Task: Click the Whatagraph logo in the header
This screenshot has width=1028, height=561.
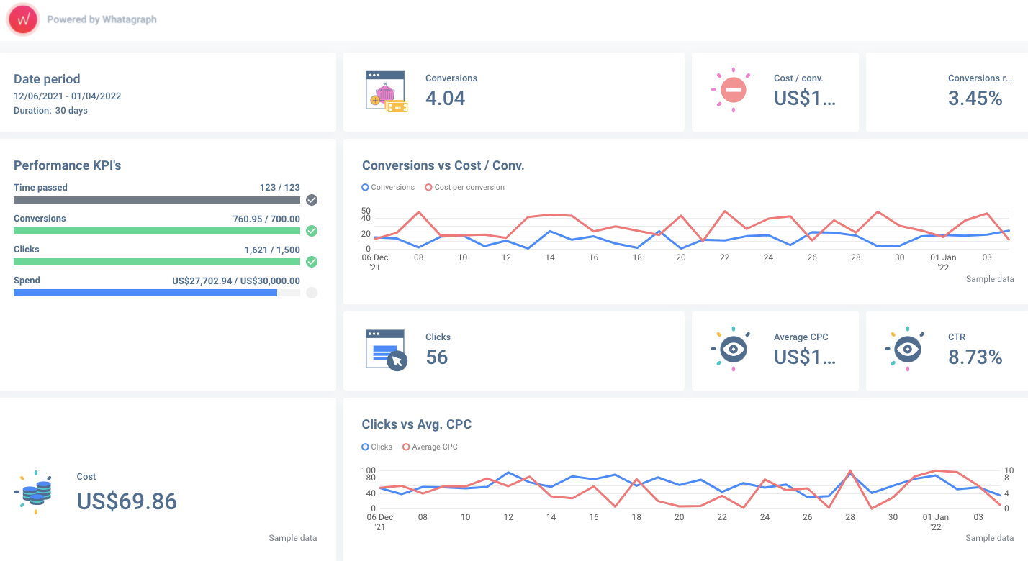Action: (x=23, y=19)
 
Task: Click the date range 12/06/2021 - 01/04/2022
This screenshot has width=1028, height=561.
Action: (x=67, y=96)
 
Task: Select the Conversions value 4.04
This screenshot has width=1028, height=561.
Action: (x=445, y=99)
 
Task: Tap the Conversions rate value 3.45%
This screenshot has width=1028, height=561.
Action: (x=975, y=99)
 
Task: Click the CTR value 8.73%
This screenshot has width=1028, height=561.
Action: (x=975, y=357)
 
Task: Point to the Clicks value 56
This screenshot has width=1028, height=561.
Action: (x=436, y=357)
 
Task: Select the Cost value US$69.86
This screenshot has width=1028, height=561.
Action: (x=127, y=501)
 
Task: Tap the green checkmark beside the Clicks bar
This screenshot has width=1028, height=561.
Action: (x=312, y=262)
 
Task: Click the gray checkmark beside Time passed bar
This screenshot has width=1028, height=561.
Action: (x=312, y=200)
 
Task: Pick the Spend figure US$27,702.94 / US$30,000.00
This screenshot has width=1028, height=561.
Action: (x=236, y=280)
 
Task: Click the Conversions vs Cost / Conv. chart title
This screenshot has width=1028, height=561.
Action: (x=443, y=165)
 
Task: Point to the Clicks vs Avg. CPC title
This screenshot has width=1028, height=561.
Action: (x=416, y=424)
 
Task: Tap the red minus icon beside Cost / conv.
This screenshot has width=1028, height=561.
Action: (x=733, y=91)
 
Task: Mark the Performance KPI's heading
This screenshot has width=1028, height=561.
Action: (x=68, y=165)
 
